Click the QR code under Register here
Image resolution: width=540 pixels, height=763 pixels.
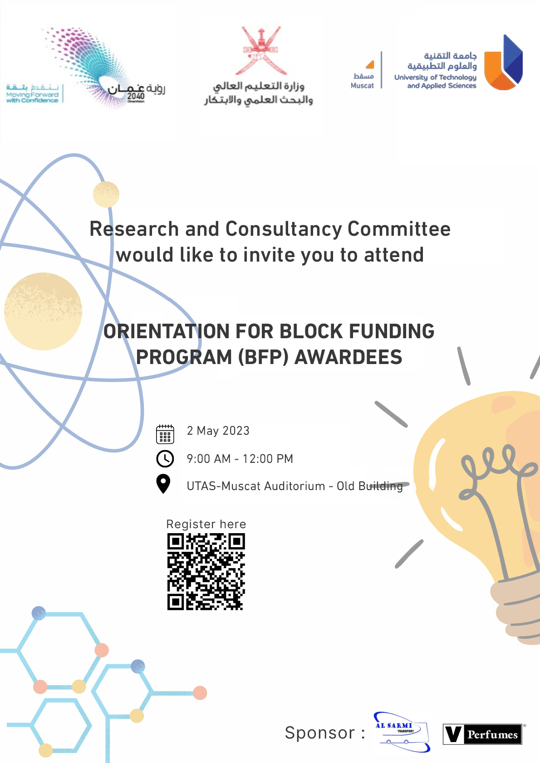tap(206, 572)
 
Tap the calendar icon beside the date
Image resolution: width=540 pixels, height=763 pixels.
tap(165, 434)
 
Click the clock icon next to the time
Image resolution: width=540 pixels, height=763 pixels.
tap(165, 458)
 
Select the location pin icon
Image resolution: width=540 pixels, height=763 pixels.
tap(163, 484)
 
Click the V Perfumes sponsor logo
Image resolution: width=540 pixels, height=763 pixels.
tap(483, 734)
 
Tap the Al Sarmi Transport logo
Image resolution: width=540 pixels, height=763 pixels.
tap(402, 732)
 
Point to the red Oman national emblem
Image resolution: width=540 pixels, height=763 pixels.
tap(261, 50)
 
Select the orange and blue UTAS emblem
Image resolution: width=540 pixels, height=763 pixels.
tap(504, 62)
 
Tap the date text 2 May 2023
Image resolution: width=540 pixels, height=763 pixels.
tap(218, 431)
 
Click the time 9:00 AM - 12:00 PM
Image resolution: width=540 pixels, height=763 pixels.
tap(240, 459)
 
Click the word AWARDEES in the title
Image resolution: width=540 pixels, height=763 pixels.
tap(348, 357)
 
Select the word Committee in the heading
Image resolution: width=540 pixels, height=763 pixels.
tap(399, 228)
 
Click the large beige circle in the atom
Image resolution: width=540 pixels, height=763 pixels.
tap(43, 311)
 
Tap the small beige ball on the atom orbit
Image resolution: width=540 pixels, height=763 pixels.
tap(106, 194)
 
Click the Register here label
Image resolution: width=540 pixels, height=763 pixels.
tap(206, 524)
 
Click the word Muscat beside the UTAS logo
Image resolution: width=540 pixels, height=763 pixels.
tap(362, 86)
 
